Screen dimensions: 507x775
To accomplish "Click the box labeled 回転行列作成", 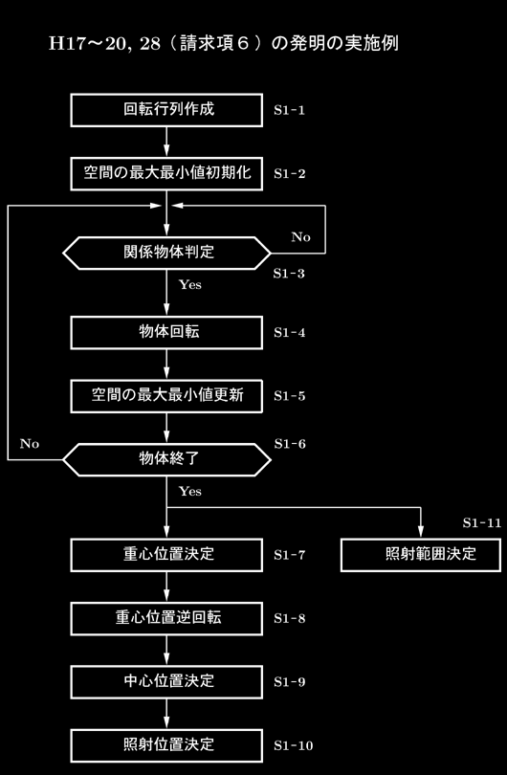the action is click(166, 110).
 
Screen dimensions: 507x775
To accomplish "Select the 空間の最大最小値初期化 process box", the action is click(166, 173).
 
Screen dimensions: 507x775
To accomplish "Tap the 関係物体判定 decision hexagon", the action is click(167, 253).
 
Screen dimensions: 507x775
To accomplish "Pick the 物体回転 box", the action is click(166, 333).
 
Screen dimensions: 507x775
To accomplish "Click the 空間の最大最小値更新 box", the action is click(166, 396).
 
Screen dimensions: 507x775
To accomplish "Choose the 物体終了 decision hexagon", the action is click(167, 459).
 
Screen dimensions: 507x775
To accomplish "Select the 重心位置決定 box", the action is click(166, 555).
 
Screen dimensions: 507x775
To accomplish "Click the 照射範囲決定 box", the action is click(421, 555).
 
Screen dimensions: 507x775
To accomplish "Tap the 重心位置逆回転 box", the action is click(166, 618).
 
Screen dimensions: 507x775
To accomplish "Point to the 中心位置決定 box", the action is click(166, 682).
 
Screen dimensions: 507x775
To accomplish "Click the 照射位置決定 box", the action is click(166, 745).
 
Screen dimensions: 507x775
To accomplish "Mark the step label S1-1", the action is click(290, 110).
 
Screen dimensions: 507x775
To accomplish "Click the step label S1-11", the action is click(482, 523).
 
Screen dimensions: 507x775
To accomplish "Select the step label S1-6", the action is click(290, 444).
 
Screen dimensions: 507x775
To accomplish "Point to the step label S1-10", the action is click(294, 745).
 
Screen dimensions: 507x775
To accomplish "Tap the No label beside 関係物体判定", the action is click(301, 237).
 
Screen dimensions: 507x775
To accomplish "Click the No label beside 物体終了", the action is click(30, 444).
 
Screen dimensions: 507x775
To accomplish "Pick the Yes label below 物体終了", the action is click(190, 491).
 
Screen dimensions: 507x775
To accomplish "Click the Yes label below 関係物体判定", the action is click(190, 285).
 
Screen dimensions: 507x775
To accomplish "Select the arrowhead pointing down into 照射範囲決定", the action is click(421, 531).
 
